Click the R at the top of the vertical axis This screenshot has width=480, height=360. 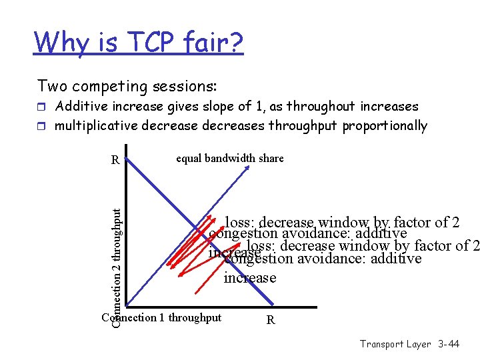click(x=115, y=160)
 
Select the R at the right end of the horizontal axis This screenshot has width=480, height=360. click(x=270, y=320)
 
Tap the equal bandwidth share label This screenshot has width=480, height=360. click(x=229, y=158)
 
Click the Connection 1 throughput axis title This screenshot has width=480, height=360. click(x=161, y=317)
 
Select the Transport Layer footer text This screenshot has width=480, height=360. click(x=395, y=344)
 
